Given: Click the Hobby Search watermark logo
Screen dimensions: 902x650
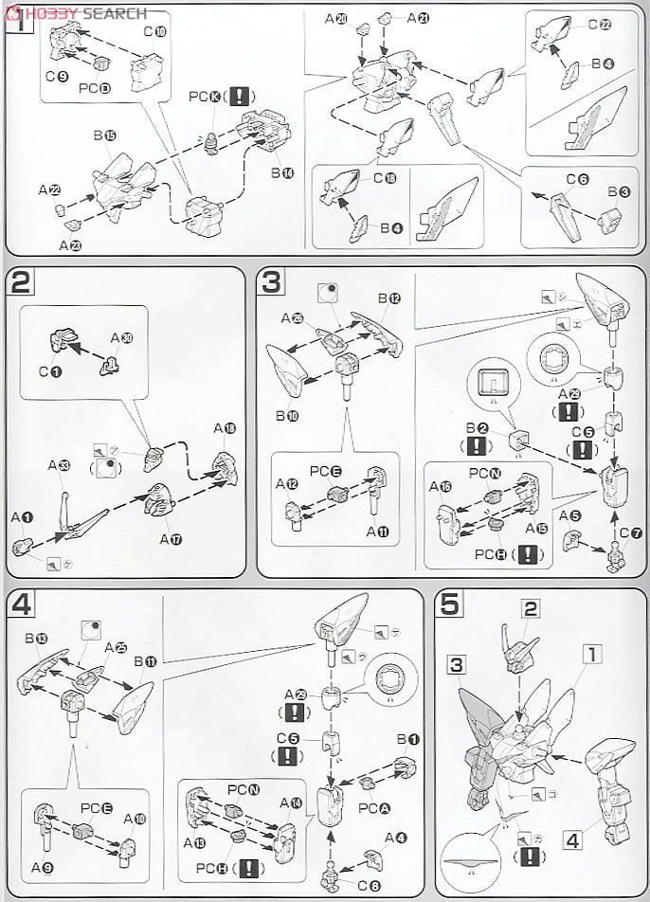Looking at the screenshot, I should (x=75, y=11).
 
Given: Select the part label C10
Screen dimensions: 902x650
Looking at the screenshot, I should (x=154, y=31).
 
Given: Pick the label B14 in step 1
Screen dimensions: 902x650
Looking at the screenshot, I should (x=282, y=173).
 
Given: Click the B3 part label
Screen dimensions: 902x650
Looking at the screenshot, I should (x=619, y=192).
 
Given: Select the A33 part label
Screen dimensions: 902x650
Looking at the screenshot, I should (x=58, y=464).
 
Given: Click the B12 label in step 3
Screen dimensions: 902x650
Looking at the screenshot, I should (x=388, y=298).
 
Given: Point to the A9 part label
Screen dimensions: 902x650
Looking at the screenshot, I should (x=41, y=866).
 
